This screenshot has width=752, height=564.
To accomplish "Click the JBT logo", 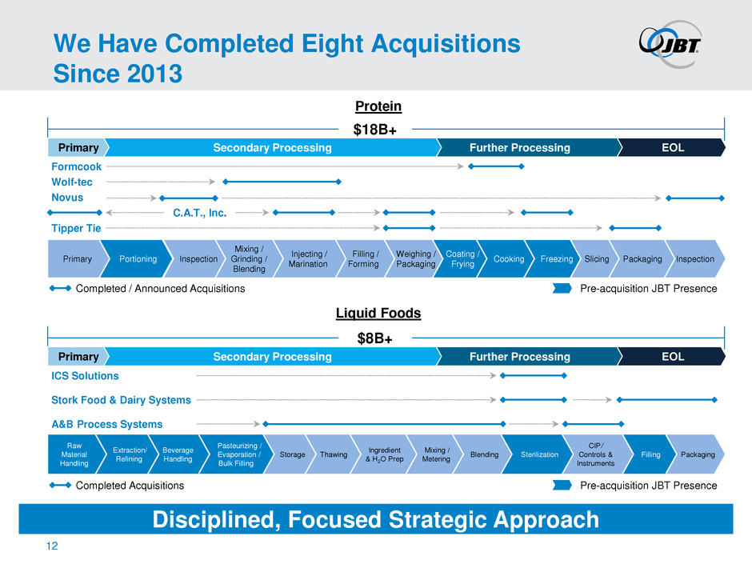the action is point(670,43).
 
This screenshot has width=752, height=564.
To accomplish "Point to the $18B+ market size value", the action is point(374,130).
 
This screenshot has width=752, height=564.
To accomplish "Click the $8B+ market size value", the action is point(374,338).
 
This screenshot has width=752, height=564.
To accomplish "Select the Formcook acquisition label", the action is point(76,166).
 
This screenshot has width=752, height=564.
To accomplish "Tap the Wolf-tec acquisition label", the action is point(72,182).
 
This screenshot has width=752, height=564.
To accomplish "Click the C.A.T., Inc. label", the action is point(199,213).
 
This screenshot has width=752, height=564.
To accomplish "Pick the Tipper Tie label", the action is point(76,228).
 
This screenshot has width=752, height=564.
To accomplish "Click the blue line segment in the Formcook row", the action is point(496,166).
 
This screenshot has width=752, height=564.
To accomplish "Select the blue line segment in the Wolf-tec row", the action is point(282,182).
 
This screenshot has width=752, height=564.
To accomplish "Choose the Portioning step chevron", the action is point(136,259).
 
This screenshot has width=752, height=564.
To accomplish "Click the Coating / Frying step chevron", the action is point(459,259).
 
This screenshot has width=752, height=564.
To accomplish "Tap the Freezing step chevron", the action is point(553,259).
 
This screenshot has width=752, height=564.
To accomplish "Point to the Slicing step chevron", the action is point(594,259).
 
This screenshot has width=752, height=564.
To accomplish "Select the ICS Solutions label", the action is point(85,375).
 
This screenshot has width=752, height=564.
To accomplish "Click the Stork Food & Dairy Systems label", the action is point(121,400).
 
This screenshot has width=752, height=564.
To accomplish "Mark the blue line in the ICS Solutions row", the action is point(534,375).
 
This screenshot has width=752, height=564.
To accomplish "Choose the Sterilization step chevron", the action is point(537,454).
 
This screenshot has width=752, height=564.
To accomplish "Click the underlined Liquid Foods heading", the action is point(378,313).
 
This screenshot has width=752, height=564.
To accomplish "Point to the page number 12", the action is point(52,546).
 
